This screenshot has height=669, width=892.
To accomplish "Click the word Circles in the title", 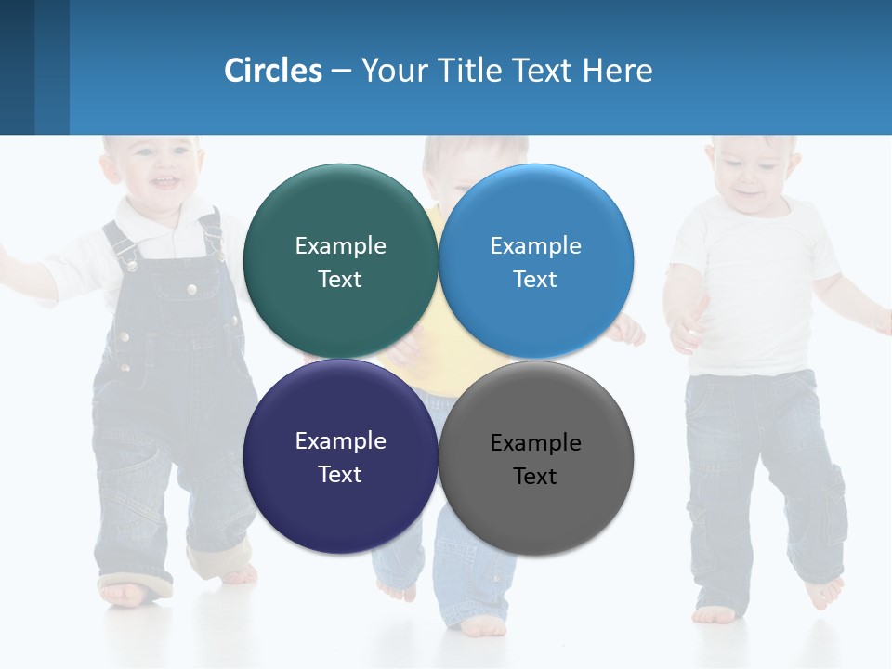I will (x=273, y=71).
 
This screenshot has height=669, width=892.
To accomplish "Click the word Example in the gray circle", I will (x=535, y=443).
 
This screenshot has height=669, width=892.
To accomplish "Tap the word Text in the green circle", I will (x=340, y=280).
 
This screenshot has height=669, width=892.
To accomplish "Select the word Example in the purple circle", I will (x=340, y=441).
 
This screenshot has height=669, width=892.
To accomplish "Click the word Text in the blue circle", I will (x=535, y=280).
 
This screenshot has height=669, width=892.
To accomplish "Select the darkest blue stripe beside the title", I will (x=17, y=67).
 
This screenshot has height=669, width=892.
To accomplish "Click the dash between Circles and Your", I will (x=341, y=71).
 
